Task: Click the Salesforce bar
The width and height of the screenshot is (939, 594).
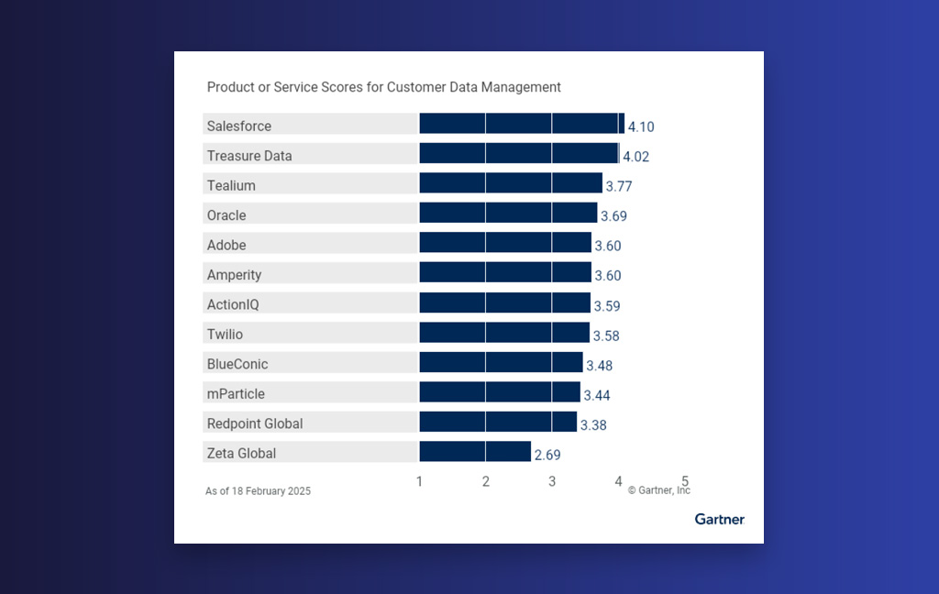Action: (x=522, y=124)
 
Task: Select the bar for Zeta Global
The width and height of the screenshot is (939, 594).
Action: (x=475, y=452)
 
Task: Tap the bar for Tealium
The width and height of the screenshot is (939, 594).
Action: (x=511, y=183)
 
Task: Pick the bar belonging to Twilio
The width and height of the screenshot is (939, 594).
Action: (x=504, y=332)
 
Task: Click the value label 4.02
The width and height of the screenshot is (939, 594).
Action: (x=635, y=157)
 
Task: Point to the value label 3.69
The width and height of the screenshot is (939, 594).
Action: (x=613, y=216)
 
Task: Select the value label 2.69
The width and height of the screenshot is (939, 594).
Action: (x=547, y=455)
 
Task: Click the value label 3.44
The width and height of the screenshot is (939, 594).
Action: (x=596, y=395)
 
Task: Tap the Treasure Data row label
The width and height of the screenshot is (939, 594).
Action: (x=249, y=156)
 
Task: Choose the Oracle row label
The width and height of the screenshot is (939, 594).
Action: (x=226, y=215)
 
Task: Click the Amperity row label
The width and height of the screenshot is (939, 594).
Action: (x=234, y=275)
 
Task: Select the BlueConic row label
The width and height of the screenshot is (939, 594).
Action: (x=238, y=364)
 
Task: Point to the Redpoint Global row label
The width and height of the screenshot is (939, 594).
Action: (x=255, y=423)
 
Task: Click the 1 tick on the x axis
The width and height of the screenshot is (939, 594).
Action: (x=419, y=481)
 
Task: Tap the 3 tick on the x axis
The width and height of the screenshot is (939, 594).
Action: (x=552, y=481)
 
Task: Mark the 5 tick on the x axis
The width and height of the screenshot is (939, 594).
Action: (x=684, y=480)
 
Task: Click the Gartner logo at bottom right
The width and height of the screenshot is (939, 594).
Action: (x=719, y=520)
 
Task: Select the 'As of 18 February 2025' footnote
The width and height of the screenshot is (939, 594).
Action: (x=258, y=491)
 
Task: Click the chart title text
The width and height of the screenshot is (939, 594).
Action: (x=383, y=87)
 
